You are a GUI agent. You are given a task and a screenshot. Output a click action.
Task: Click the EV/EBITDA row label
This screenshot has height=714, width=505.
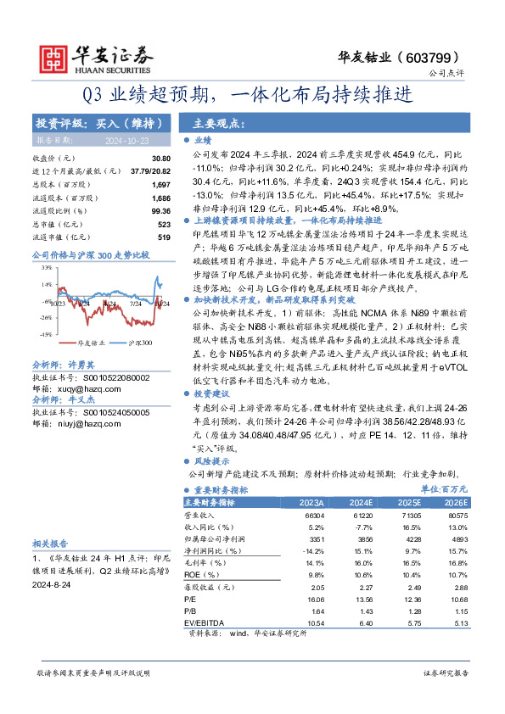[x=206, y=622]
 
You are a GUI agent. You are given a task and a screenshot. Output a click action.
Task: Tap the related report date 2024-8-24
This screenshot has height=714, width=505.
[x=50, y=586]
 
